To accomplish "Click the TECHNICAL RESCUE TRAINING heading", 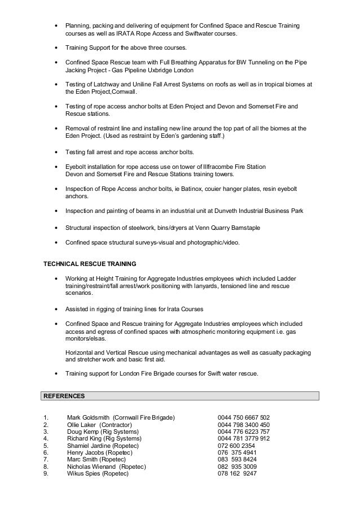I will [x=90, y=264].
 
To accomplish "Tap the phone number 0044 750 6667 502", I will [x=244, y=418].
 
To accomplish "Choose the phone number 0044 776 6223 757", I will [x=244, y=431].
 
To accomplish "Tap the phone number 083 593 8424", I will [x=237, y=460].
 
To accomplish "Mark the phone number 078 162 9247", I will [x=237, y=473].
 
